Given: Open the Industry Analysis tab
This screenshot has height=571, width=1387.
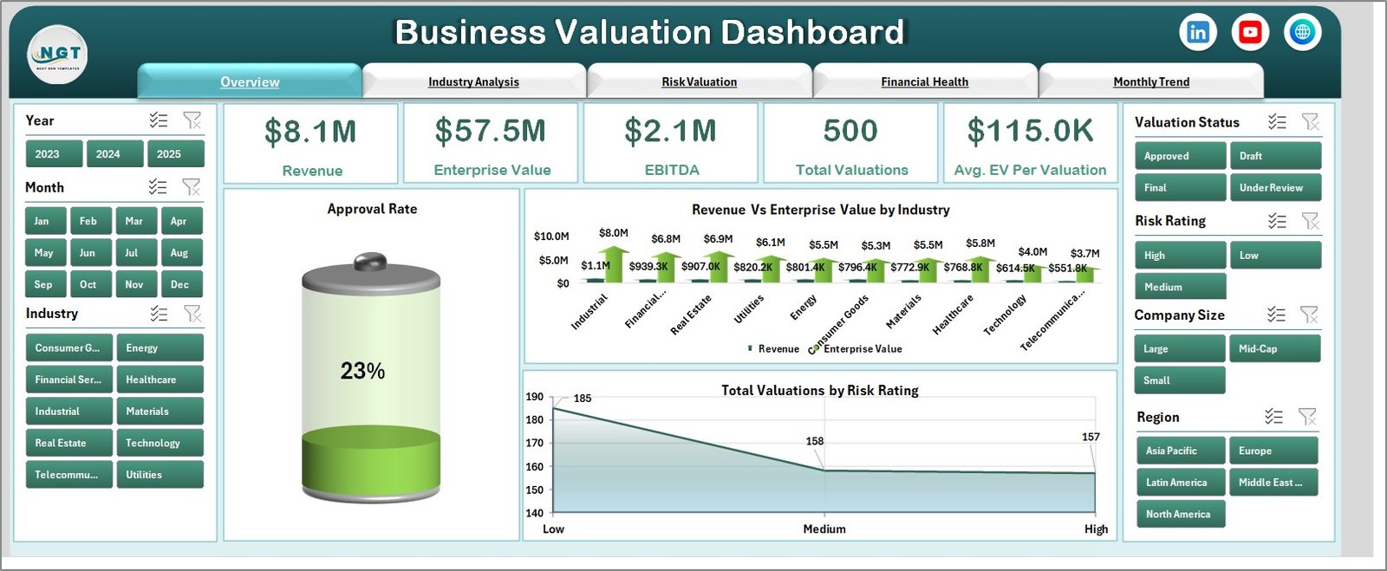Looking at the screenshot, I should (x=473, y=81).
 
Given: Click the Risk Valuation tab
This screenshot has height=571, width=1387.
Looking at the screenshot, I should (x=699, y=81).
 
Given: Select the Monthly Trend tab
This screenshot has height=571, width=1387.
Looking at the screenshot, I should (x=1150, y=81).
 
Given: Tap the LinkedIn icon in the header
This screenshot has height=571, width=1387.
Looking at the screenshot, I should (x=1198, y=33).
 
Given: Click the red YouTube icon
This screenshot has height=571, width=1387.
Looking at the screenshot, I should (x=1250, y=33).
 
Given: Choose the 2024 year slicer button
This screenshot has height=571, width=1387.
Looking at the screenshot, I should (x=108, y=154).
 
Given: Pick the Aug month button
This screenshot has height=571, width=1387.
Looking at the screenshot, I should (x=179, y=253).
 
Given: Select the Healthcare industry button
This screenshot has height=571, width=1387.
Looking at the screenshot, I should (x=160, y=380).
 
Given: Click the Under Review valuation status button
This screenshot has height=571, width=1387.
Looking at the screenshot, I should (x=1273, y=187).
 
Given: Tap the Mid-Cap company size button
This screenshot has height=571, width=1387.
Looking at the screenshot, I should (x=1273, y=348).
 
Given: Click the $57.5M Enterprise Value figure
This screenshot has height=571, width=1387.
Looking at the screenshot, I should (x=491, y=132).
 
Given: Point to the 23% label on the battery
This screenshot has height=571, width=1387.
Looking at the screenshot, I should (x=362, y=371).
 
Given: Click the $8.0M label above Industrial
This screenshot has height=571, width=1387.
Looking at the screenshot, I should (x=613, y=233).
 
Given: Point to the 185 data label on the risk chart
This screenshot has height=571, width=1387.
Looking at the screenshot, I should (x=583, y=399).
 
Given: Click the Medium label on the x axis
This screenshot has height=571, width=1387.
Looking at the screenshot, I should (x=824, y=529).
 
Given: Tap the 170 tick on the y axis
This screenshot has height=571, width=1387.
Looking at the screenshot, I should (x=534, y=443).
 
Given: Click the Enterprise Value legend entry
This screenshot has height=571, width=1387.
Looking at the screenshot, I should (x=862, y=349).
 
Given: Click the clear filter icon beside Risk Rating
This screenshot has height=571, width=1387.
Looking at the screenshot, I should (x=1310, y=222).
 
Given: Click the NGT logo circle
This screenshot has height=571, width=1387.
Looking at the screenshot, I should (x=58, y=54).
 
